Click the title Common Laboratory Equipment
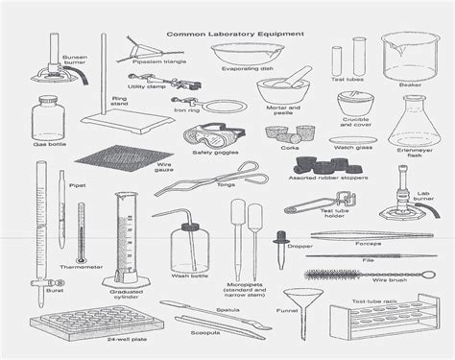click(235, 33)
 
